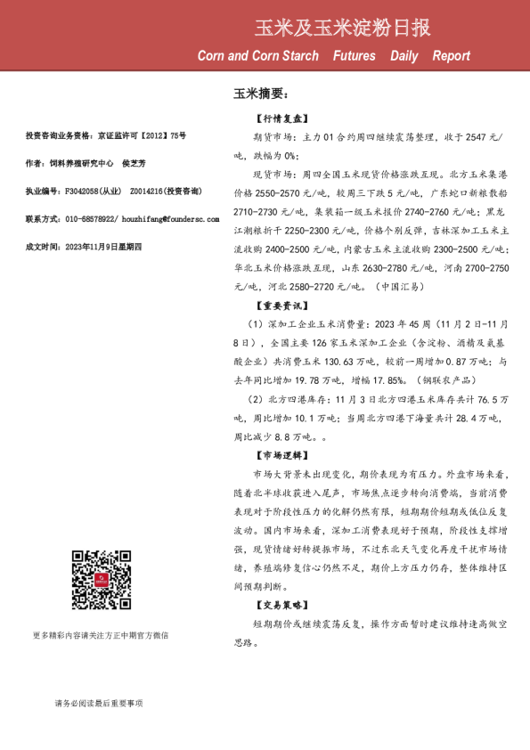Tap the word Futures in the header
(354, 56)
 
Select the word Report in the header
(451, 56)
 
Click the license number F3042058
(77, 191)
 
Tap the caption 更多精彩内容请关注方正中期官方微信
(101, 636)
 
